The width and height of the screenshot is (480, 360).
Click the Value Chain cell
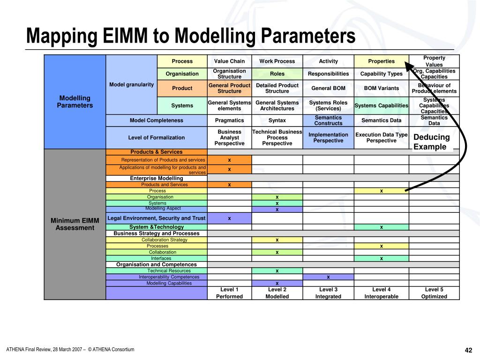pos(229,61)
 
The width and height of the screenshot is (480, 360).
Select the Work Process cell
pos(277,61)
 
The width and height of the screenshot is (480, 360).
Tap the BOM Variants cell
pos(381,88)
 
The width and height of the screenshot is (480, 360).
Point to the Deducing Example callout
pos(431,142)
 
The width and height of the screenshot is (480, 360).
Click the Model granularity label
pos(131,84)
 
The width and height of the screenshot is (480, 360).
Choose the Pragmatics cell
pos(229,120)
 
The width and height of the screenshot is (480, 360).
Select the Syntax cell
pos(277,120)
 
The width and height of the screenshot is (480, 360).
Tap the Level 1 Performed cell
pos(229,293)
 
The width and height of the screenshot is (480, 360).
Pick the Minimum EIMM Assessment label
pos(75,224)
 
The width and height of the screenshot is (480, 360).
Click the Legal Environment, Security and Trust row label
pos(157,218)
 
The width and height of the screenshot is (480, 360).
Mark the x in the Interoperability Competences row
pos(328,277)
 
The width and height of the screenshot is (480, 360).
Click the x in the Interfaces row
pos(381,258)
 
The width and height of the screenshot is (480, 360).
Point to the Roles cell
pos(277,74)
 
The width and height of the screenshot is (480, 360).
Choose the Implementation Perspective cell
pos(328,137)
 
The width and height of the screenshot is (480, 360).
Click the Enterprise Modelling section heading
pos(157,178)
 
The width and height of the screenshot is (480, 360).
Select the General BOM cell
pos(328,88)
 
